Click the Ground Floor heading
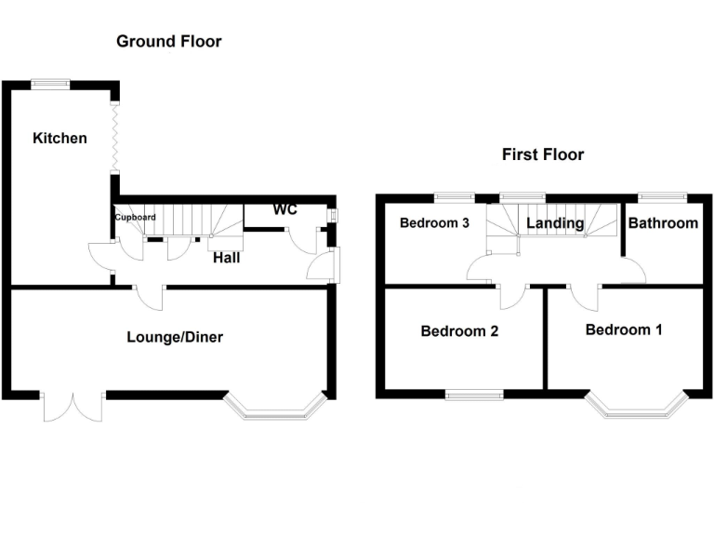168,41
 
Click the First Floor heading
543,154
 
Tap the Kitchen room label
60,139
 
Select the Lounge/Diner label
175,337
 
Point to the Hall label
226,257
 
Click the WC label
284,210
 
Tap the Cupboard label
135,218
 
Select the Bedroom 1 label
623,329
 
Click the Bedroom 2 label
459,331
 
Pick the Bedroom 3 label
434,223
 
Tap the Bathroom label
663,223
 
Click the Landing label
555,223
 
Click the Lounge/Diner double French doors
73,407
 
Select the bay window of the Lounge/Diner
275,406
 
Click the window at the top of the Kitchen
50,85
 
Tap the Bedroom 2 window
473,395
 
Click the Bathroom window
662,196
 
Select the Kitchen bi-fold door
115,136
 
